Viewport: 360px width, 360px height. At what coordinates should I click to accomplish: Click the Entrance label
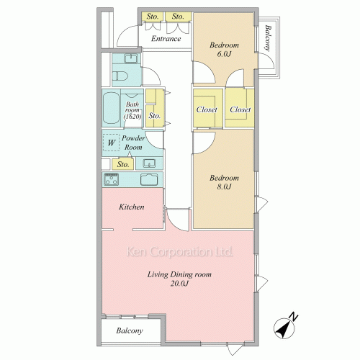tap(166, 39)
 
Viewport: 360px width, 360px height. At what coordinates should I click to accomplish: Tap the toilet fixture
tap(120, 76)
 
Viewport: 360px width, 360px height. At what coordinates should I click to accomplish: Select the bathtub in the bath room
tap(111, 108)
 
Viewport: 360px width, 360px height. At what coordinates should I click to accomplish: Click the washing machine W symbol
tap(111, 143)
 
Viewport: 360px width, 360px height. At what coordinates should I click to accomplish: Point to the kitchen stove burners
tap(111, 179)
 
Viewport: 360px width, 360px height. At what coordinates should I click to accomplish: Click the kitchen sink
tap(149, 179)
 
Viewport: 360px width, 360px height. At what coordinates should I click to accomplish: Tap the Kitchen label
tap(132, 207)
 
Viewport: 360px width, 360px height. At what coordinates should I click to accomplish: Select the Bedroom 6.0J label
tap(224, 49)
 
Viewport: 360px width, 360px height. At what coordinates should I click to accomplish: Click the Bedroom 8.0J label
tap(224, 182)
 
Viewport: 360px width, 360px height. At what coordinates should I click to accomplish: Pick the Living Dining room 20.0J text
tap(179, 279)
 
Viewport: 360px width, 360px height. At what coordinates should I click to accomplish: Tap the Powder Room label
tap(133, 143)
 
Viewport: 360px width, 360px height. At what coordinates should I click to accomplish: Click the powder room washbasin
tap(149, 163)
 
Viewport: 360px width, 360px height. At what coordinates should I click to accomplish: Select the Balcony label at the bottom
tap(130, 330)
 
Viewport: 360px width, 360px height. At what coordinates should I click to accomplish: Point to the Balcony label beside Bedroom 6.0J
tap(268, 38)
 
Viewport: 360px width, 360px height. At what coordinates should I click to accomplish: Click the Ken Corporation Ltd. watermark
tap(179, 251)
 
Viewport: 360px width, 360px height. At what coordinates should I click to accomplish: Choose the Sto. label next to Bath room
tap(154, 116)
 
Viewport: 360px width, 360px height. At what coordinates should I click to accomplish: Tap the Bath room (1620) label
tap(132, 110)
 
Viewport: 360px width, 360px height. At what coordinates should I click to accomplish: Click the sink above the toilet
tap(130, 58)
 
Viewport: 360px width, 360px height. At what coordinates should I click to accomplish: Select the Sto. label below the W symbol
tap(123, 164)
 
